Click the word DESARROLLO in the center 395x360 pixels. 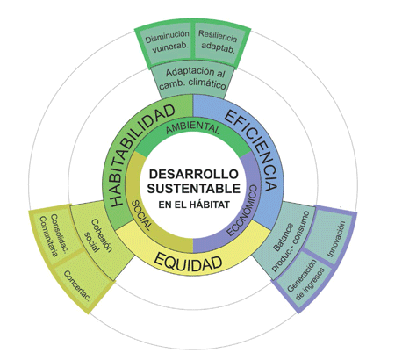tap(194, 174)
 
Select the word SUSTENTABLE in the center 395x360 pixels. tap(194, 188)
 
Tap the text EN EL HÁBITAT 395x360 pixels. tap(194, 205)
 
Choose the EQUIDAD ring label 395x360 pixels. tap(188, 262)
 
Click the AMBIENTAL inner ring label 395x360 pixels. tap(193, 128)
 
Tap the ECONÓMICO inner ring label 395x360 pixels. tap(243, 210)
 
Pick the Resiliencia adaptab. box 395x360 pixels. tap(218, 43)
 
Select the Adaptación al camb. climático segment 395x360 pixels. tap(193, 80)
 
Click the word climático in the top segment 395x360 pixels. tap(207, 84)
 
